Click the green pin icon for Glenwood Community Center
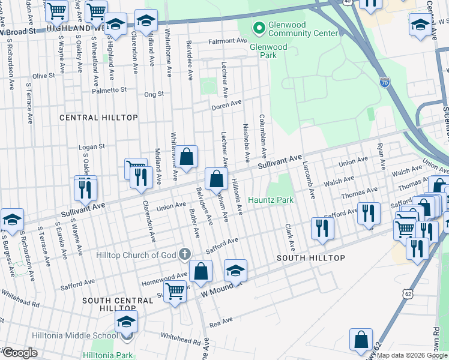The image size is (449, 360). (259, 28)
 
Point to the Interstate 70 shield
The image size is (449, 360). (384, 82)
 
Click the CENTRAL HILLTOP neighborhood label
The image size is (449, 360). (98, 118)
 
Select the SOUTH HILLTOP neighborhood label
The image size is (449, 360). (310, 258)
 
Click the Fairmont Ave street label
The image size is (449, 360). (228, 41)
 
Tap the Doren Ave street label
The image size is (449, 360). (226, 106)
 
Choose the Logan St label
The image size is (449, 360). (92, 146)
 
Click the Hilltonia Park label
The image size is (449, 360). (108, 355)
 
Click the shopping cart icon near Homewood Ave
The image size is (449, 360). (175, 292)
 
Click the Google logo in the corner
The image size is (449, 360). (20, 353)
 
